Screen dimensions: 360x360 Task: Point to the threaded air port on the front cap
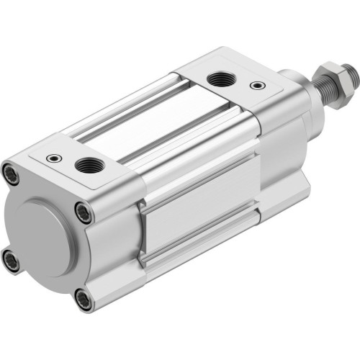216,77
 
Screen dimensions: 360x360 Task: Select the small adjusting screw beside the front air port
257,85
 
